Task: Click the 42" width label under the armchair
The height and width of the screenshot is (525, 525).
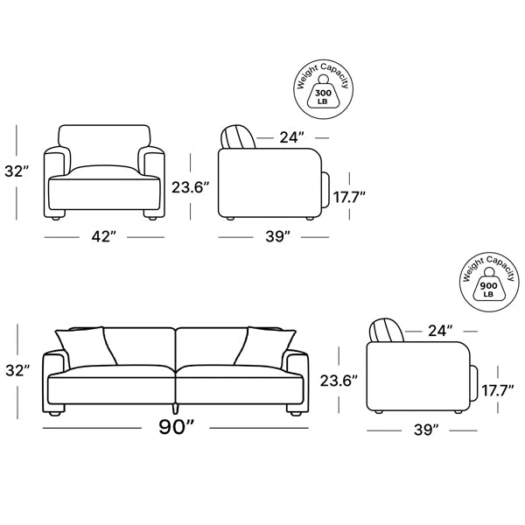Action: click(103, 237)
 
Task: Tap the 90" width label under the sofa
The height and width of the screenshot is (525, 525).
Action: click(176, 427)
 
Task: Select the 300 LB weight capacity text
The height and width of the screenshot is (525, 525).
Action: click(323, 96)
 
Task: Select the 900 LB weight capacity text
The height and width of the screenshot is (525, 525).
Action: click(488, 290)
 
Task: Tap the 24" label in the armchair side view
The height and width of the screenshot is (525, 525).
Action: click(291, 137)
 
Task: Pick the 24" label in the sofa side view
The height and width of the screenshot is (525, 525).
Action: click(440, 331)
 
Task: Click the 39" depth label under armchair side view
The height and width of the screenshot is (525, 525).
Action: click(277, 237)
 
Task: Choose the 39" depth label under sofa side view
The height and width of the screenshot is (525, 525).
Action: click(426, 430)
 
